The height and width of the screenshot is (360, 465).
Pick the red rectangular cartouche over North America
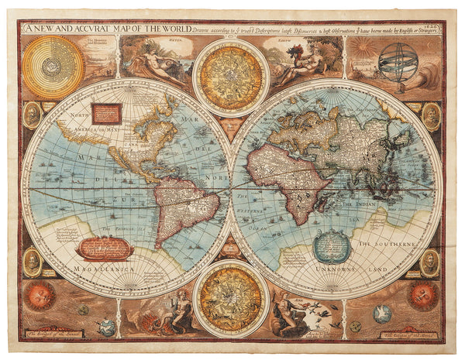[x=107, y=114]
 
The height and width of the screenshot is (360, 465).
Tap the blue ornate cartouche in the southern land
[x=332, y=246]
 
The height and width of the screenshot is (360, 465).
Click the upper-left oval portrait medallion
[x=33, y=115]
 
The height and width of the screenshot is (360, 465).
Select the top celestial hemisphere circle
[x=231, y=77]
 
